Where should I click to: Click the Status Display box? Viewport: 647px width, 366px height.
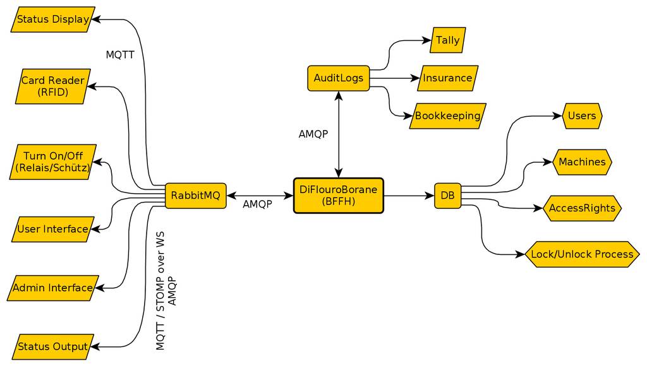point(53,20)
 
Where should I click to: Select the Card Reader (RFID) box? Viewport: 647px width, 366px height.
point(53,86)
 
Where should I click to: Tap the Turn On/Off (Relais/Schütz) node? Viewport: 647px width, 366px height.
point(53,162)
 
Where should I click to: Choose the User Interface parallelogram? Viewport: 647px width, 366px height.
point(53,229)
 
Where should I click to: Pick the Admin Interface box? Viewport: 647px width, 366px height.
point(53,288)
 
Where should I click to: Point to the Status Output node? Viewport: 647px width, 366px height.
point(53,346)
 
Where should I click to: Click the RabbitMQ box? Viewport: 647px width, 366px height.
point(196,196)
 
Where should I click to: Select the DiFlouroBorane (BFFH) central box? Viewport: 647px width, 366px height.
point(339,196)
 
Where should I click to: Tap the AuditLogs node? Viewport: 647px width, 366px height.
point(339,78)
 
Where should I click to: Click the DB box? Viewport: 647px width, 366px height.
point(447,196)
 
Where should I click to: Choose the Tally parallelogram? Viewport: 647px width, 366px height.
point(448,40)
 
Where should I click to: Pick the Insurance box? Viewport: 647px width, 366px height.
point(447,78)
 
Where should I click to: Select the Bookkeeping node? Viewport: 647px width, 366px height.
point(447,116)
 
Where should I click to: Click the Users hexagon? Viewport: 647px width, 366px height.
point(582,116)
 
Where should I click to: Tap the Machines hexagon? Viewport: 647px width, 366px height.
point(582,162)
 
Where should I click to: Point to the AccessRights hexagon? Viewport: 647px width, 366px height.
point(582,208)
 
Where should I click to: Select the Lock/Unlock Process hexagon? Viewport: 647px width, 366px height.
point(582,254)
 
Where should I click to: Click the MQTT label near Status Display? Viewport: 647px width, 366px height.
point(120,55)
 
